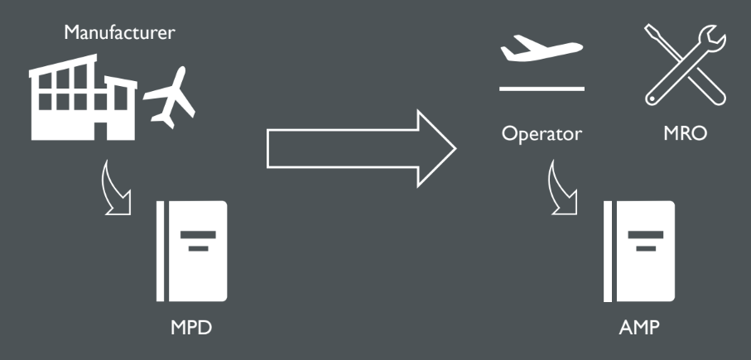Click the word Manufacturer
[120, 34]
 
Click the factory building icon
[83, 99]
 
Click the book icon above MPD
[191, 250]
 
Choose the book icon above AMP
[639, 250]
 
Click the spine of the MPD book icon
[162, 250]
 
